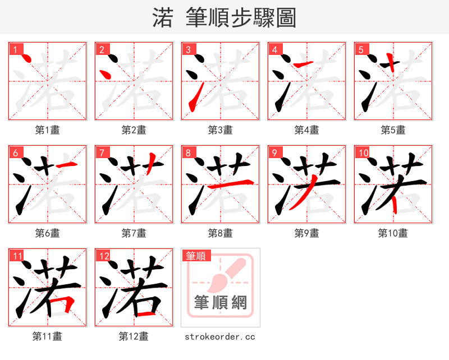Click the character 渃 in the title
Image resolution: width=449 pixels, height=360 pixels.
pos(162,18)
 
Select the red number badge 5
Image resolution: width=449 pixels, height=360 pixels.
pos(361,49)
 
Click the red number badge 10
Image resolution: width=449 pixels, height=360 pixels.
pos(363,153)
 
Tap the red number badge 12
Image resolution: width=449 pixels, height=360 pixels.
pos(103,256)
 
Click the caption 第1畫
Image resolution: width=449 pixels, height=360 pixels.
pos(47,130)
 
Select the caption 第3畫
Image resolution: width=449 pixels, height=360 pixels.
pos(220,130)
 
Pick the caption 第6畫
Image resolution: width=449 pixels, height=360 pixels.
pos(47,233)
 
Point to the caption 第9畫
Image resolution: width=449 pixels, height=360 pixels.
pos(306,233)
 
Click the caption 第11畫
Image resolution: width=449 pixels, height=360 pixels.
pos(47,336)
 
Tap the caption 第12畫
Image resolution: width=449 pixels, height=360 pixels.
pos(134,336)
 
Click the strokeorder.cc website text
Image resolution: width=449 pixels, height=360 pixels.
pos(220,336)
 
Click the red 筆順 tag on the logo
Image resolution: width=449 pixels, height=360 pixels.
pos(196,256)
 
